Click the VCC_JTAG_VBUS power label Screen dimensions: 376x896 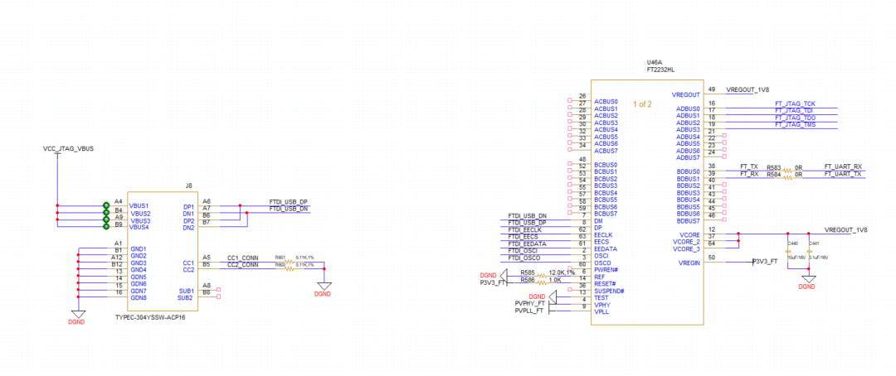68,149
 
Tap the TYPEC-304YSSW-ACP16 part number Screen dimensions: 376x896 150,317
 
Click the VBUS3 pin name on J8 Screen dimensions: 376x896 140,220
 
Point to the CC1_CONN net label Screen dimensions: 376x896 243,258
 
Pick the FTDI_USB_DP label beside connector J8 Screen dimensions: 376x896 288,201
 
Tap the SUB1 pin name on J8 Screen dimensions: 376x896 186,291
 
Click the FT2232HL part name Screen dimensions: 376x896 660,71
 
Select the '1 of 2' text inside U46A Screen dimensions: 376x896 643,104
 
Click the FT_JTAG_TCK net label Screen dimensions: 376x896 795,103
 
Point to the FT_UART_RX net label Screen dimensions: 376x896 843,166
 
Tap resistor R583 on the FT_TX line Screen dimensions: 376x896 775,166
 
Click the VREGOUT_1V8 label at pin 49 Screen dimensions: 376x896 747,89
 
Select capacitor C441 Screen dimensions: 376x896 814,243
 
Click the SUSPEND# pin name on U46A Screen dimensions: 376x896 609,291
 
